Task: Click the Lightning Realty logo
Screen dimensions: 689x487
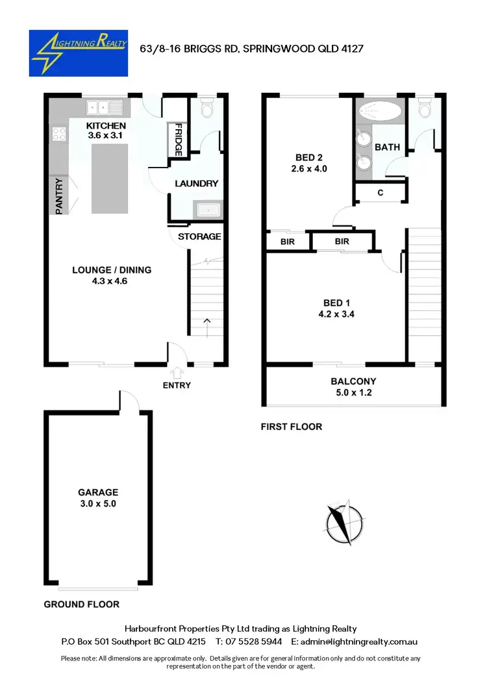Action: tap(79, 53)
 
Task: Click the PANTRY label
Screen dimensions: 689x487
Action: tap(58, 196)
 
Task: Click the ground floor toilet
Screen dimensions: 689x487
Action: tap(208, 110)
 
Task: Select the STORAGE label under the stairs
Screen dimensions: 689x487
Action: tap(199, 236)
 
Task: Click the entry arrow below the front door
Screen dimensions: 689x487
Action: tap(177, 371)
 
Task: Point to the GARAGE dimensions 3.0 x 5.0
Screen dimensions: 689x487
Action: tap(98, 503)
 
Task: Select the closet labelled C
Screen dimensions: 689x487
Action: tap(379, 193)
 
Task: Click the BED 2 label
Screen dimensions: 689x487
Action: tap(308, 157)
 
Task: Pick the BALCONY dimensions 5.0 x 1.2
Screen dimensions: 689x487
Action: tap(353, 392)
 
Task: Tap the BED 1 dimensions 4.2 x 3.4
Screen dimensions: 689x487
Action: tap(337, 314)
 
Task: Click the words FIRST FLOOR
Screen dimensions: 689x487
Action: tap(291, 427)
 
